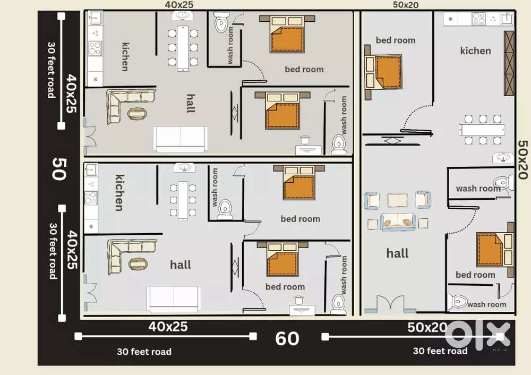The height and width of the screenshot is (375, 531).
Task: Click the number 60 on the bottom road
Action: click(x=287, y=338)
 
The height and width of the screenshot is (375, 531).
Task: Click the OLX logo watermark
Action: click(x=477, y=335)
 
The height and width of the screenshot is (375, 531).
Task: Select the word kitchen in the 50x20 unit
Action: click(x=475, y=51)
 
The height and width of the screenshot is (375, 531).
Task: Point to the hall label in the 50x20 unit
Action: click(x=397, y=253)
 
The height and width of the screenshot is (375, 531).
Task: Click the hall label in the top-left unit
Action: click(x=190, y=103)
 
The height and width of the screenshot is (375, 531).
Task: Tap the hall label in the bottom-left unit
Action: click(x=181, y=265)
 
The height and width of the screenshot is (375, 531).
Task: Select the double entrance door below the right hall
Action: click(x=392, y=304)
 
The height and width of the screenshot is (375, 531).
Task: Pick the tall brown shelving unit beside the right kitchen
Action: click(x=509, y=63)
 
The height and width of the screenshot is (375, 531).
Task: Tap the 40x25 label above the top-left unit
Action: click(x=179, y=4)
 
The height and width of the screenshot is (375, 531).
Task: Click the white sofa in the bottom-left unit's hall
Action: click(x=174, y=299)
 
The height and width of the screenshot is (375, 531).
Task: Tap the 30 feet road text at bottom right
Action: click(x=440, y=351)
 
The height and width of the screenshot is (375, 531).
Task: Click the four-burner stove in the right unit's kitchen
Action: click(x=478, y=19)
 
